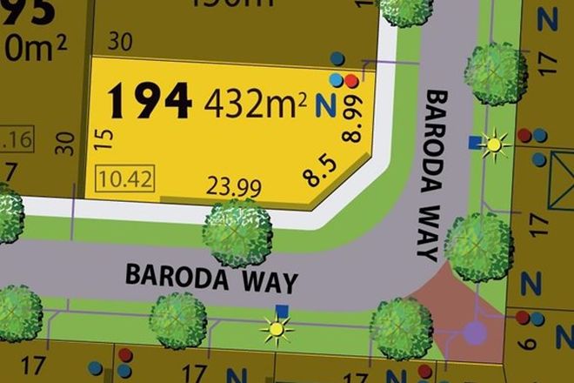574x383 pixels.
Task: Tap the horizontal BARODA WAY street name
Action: (x=211, y=277)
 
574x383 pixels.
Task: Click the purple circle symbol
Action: (x=475, y=332)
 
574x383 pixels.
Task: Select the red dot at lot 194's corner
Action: (x=351, y=81)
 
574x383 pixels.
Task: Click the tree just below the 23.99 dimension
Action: (x=238, y=232)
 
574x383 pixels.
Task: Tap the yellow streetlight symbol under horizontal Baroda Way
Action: (x=277, y=329)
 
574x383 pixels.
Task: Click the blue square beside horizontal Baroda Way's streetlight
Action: (x=281, y=310)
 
